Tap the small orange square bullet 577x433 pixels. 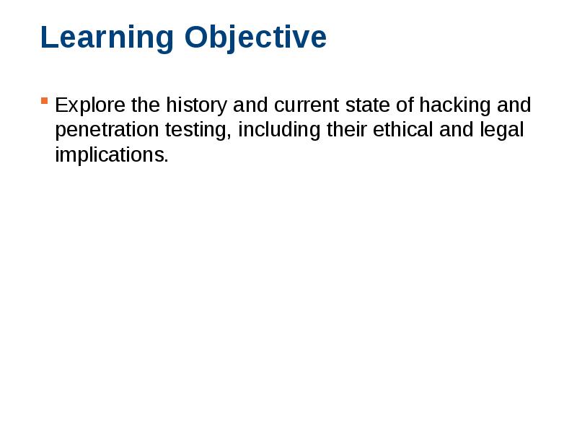(x=45, y=100)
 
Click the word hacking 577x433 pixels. (x=455, y=105)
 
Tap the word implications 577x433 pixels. (x=111, y=155)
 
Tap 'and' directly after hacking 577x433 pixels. (x=514, y=105)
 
